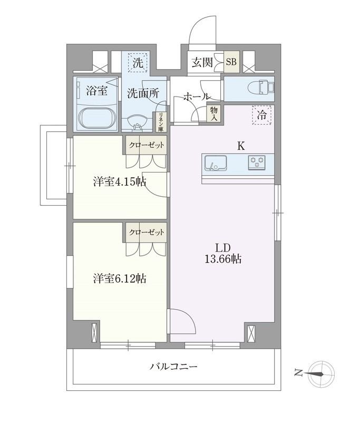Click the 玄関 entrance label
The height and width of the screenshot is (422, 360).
point(202,62)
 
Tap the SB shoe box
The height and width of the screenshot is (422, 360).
point(231,62)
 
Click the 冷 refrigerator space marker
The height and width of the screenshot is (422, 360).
point(262,114)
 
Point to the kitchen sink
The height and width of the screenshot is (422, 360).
point(215,162)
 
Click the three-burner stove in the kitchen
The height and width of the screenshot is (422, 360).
point(258,162)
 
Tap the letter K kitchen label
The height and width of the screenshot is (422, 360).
point(240,146)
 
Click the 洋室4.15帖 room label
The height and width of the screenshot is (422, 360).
point(120,182)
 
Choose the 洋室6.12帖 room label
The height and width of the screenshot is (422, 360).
point(120,279)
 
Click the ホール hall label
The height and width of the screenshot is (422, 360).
point(197,97)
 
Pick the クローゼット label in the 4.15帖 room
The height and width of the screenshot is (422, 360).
point(145,145)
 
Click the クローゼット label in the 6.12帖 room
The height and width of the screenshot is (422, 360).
point(145,232)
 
